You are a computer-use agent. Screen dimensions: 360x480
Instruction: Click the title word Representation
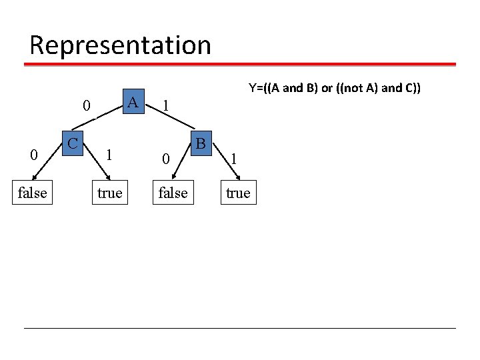pyautogui.click(x=120, y=45)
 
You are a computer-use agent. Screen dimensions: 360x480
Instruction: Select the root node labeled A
pyautogui.click(x=133, y=103)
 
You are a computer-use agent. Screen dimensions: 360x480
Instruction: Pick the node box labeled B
pyautogui.click(x=201, y=143)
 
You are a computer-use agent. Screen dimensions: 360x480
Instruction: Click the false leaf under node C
pyautogui.click(x=32, y=193)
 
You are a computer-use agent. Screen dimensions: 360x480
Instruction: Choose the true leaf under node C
pyautogui.click(x=109, y=193)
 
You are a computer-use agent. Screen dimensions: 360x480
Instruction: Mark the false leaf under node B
pyautogui.click(x=173, y=193)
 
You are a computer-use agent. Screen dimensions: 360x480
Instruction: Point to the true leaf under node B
pyautogui.click(x=238, y=193)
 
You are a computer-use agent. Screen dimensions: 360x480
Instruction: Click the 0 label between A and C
pyautogui.click(x=86, y=106)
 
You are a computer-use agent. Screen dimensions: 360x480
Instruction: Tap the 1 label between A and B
pyautogui.click(x=166, y=106)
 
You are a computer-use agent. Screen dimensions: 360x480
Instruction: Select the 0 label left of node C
pyautogui.click(x=33, y=155)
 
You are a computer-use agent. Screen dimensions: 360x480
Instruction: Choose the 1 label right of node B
pyautogui.click(x=233, y=159)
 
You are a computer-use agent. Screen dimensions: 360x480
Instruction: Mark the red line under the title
pyautogui.click(x=240, y=65)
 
